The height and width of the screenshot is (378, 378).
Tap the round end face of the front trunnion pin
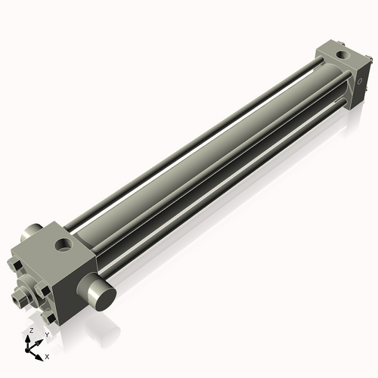point(104,297)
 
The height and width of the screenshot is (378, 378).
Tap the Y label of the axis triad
point(47,333)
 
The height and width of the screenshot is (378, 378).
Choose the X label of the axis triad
point(47,355)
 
